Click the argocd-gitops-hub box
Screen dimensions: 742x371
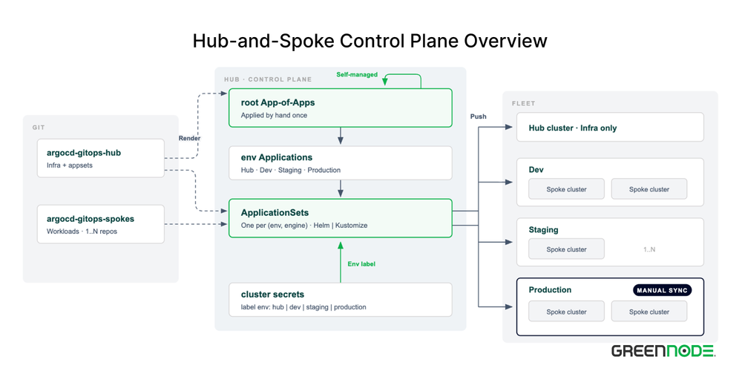coord(101,158)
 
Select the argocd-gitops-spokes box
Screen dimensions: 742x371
coord(101,224)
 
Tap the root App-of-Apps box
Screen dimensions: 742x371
coord(341,108)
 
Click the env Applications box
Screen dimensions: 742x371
coord(341,162)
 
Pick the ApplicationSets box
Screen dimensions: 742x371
coord(341,218)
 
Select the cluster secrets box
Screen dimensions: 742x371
coord(341,300)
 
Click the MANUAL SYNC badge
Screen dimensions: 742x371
coord(663,290)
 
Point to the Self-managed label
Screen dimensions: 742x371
coord(357,75)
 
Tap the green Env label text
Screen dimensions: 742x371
coord(361,264)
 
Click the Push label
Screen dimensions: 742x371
coord(478,116)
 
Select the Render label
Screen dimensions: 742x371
coord(188,138)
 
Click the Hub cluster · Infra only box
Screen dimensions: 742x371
coord(610,127)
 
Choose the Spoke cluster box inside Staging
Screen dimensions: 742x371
coord(566,249)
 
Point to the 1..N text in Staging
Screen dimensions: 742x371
coord(649,249)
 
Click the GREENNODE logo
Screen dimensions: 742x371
coord(663,351)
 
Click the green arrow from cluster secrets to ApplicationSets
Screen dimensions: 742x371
coord(341,262)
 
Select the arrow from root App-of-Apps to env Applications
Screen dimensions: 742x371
coord(341,137)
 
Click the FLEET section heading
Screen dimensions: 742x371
coord(521,104)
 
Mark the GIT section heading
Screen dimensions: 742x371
coord(38,128)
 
